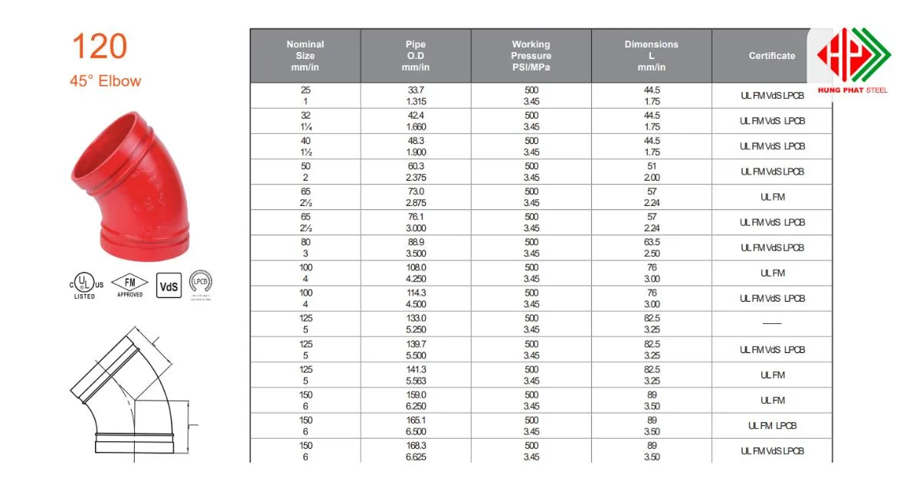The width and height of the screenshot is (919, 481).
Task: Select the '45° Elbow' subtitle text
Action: (x=106, y=80)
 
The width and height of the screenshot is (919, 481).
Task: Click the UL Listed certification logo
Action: (x=85, y=284)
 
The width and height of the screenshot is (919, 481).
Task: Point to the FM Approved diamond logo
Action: (x=130, y=284)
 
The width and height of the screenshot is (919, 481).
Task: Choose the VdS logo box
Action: (x=168, y=286)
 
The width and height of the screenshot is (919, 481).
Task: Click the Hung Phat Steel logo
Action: (x=852, y=61)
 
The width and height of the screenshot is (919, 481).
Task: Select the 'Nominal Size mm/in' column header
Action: (x=306, y=56)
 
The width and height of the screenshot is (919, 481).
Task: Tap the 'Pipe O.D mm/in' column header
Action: (x=416, y=56)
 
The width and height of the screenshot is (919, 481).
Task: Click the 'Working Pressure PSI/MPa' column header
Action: (x=531, y=56)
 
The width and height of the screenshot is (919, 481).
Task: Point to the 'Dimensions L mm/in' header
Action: (x=652, y=56)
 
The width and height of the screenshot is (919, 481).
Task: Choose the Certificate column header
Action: (x=771, y=56)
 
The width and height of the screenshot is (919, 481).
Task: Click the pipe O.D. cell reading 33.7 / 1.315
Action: (x=416, y=96)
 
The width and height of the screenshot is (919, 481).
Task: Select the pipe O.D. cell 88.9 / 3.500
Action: (x=416, y=247)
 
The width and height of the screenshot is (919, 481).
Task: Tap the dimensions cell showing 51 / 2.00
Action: (x=652, y=172)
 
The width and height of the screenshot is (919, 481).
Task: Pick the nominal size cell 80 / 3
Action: (x=306, y=247)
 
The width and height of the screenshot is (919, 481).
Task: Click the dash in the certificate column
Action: (x=772, y=324)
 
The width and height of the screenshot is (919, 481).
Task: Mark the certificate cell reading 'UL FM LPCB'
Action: (x=772, y=426)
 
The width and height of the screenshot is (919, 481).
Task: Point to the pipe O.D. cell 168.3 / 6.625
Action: (x=416, y=451)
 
